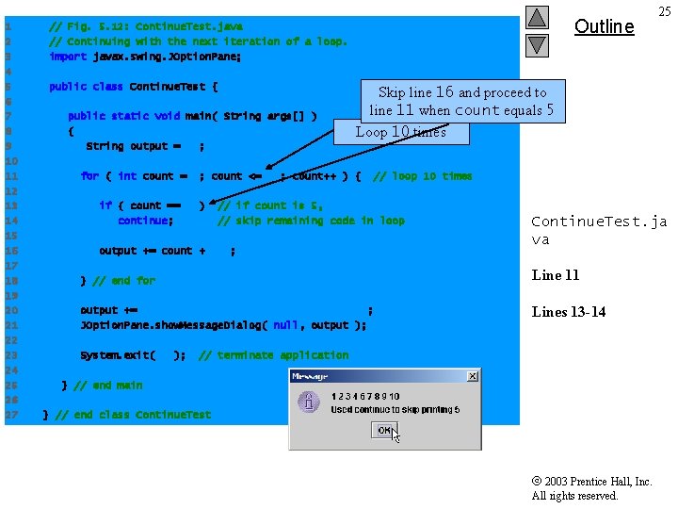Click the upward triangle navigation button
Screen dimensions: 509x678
coord(537,17)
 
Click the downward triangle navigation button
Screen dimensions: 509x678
coord(537,43)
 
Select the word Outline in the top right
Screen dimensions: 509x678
coord(604,26)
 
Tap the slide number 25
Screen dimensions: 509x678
coord(664,11)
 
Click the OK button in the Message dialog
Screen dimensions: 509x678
coord(385,430)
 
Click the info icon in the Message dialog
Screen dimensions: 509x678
coord(309,402)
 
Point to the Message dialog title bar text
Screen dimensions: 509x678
coord(310,376)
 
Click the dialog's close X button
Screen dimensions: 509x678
coord(473,376)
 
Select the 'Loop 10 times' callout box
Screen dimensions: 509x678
coord(399,132)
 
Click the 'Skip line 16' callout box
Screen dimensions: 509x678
coord(462,101)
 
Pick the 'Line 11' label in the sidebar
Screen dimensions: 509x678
coord(556,275)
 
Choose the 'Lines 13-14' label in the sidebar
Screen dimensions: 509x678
coord(569,312)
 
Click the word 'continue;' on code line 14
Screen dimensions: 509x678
coord(145,221)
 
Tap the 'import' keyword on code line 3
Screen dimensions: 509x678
coord(68,57)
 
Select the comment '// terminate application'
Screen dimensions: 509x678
coord(273,355)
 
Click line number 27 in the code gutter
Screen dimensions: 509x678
coord(8,415)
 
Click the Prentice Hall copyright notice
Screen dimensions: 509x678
coord(591,488)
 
